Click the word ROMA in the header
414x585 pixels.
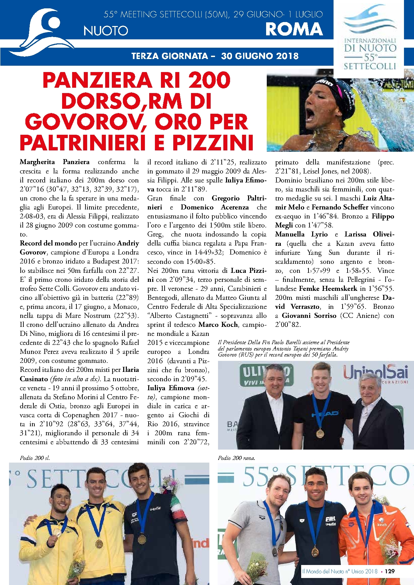pos(294,29)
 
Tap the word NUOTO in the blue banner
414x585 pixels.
pos(106,31)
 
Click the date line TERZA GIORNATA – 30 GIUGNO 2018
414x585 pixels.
pos(215,56)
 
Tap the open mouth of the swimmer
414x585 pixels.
pos(310,115)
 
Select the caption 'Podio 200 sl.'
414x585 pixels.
pos(35,458)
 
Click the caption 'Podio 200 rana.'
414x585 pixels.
pos(236,458)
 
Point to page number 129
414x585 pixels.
pos(390,571)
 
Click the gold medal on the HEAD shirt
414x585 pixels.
pos(320,433)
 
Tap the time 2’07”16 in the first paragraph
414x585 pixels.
pos(32,189)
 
